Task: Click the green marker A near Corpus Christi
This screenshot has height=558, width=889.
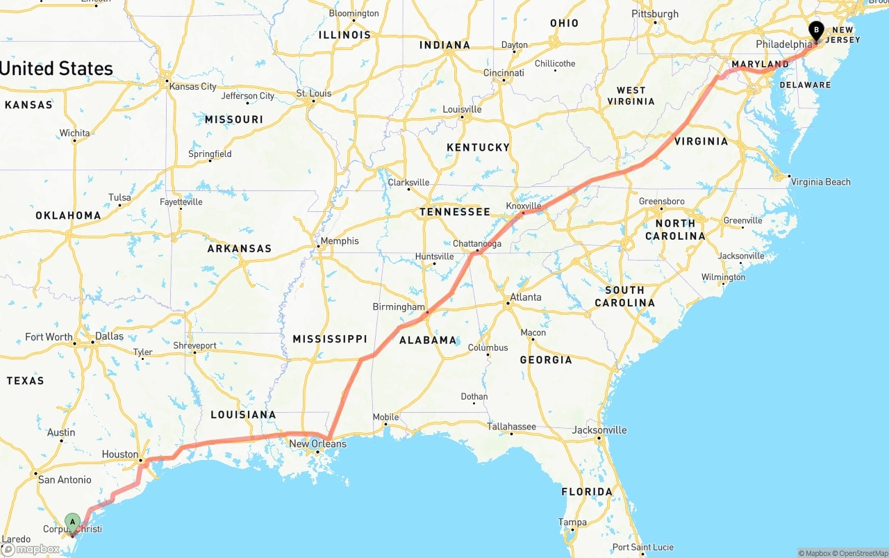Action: tap(72, 522)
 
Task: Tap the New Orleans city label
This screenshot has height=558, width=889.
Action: tap(317, 443)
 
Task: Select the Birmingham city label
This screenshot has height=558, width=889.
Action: tap(399, 306)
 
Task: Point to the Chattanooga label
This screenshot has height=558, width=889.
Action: tap(477, 244)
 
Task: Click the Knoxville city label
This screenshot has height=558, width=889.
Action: tap(524, 206)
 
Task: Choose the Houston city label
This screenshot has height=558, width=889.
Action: tap(120, 454)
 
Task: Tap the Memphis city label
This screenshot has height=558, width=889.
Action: tap(340, 241)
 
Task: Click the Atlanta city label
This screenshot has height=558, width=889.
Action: tap(526, 297)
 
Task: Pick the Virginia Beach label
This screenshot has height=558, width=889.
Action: tap(820, 182)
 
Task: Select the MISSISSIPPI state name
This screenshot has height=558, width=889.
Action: tap(329, 339)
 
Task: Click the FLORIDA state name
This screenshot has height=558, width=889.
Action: tap(587, 492)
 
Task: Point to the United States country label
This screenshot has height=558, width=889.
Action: tap(57, 69)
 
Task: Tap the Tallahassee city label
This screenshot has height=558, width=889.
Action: tap(511, 427)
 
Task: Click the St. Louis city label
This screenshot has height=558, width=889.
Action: tap(314, 93)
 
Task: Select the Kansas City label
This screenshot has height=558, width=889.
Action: tap(193, 87)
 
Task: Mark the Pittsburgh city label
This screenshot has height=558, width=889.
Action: tap(655, 14)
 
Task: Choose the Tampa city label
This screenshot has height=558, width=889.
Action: tap(572, 523)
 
